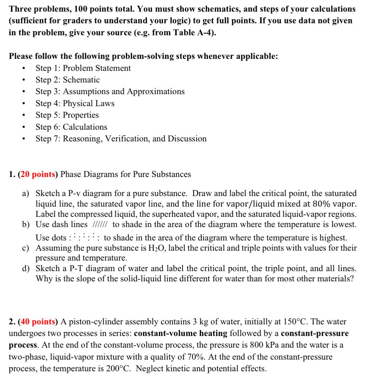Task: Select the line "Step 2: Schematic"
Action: (x=68, y=80)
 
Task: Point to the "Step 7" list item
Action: (x=121, y=139)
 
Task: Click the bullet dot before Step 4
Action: (x=24, y=104)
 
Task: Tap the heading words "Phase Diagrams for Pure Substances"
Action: (x=126, y=174)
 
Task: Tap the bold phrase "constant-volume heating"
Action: (x=181, y=333)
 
